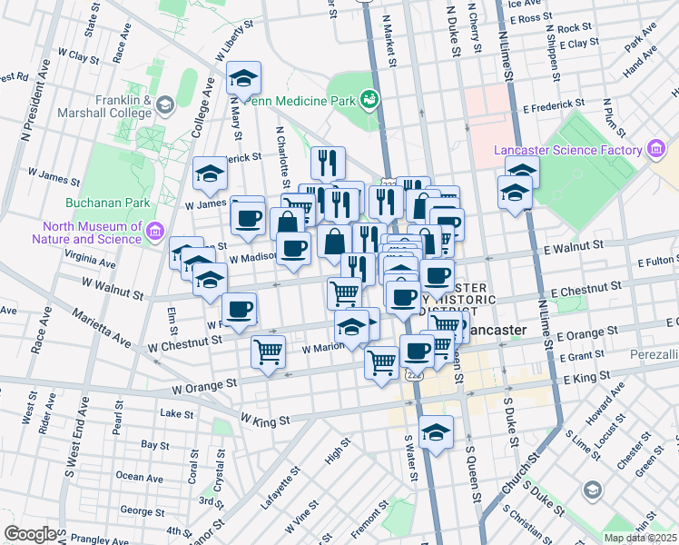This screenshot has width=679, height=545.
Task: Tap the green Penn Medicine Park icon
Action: point(369,98)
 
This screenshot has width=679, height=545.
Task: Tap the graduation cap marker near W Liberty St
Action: point(243,78)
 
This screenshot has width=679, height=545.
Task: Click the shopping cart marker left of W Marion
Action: point(269,351)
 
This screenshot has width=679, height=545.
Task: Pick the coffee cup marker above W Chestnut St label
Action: point(240,311)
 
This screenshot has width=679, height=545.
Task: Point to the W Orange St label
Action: point(204,386)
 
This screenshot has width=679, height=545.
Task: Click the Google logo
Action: point(31,533)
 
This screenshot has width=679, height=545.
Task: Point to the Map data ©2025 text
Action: point(641,538)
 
